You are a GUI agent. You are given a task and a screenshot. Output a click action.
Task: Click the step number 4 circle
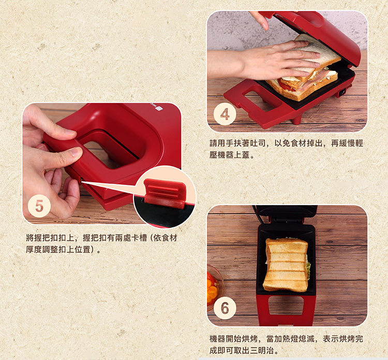pyautogui.click(x=225, y=114)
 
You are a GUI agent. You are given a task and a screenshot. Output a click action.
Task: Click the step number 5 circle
pyautogui.click(x=39, y=206)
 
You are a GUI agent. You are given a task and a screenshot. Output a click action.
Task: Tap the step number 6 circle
pyautogui.click(x=225, y=308)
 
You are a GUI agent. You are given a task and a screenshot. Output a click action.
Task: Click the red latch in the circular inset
pyautogui.click(x=165, y=194)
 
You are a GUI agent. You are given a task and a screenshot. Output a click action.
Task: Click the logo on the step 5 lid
pyautogui.click(x=156, y=109)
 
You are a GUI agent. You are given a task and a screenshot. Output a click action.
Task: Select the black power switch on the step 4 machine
pyautogui.click(x=342, y=92)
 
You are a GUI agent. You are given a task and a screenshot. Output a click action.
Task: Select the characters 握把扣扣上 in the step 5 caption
pyautogui.click(x=54, y=238)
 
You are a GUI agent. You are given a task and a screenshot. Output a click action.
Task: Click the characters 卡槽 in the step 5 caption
pyautogui.click(x=139, y=238)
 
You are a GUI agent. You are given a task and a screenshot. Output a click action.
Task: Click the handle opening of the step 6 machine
pyautogui.click(x=286, y=305)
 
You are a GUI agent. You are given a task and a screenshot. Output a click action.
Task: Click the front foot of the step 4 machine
pyautogui.click(x=296, y=120)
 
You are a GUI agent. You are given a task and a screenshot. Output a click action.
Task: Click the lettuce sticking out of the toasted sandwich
pyautogui.click(x=308, y=270)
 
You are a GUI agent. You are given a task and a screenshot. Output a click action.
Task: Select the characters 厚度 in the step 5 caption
pyautogui.click(x=34, y=249)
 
